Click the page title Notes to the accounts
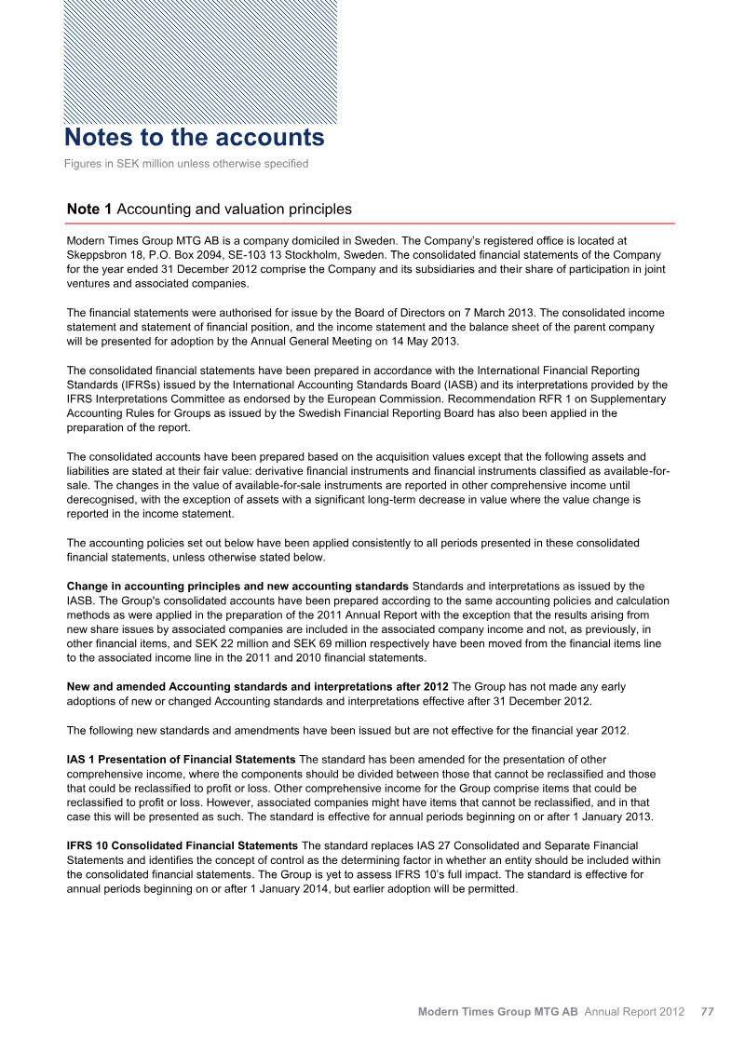195,138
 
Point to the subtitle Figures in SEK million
186,165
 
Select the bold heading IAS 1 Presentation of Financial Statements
182,761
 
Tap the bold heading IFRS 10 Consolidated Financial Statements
183,845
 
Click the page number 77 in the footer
707,1011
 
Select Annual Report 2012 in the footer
634,1011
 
